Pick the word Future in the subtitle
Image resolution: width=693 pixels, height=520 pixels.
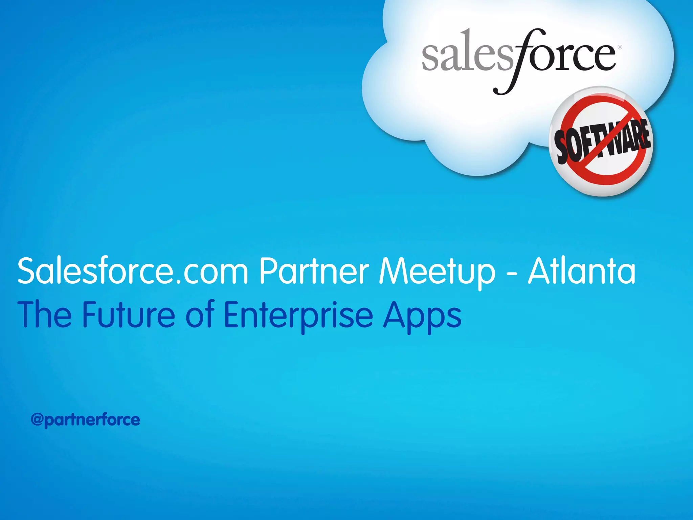point(129,315)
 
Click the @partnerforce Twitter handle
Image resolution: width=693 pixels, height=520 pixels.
point(85,420)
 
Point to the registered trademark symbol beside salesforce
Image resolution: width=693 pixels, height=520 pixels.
point(620,47)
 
